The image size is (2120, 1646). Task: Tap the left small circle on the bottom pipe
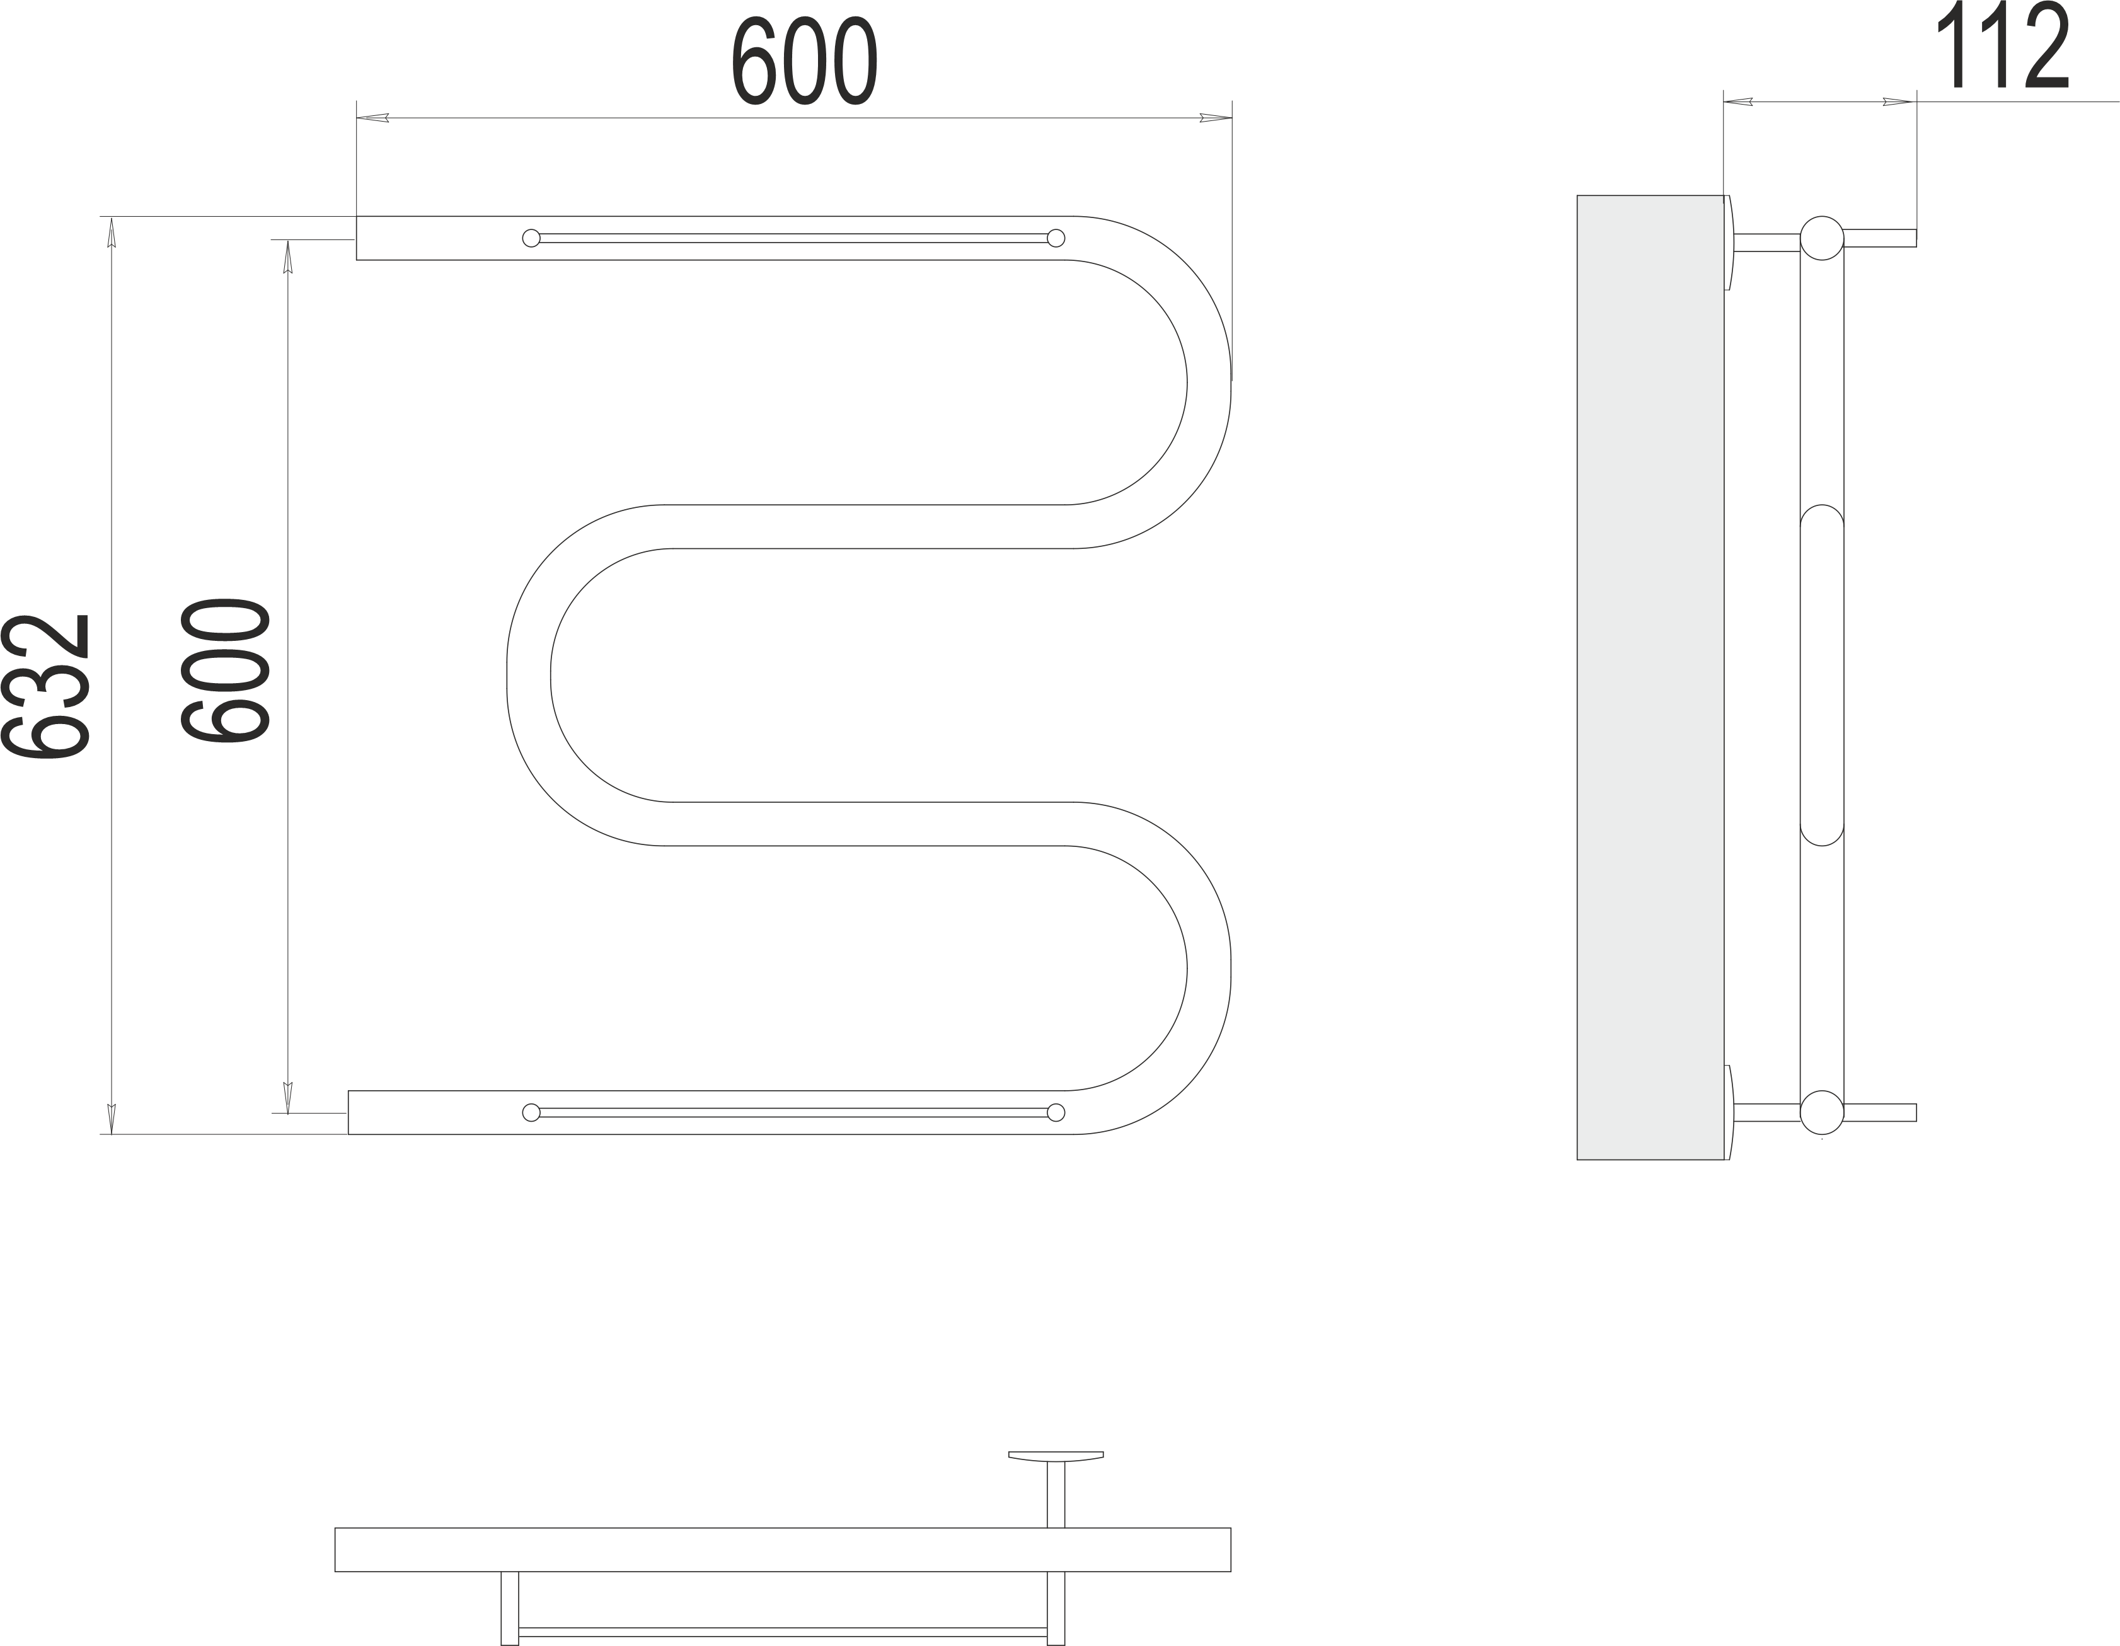tap(531, 1112)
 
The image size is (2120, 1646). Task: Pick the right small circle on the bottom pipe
tap(1056, 1112)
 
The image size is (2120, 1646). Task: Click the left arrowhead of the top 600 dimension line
tap(372, 118)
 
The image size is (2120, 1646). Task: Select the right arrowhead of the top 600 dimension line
tap(1215, 118)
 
